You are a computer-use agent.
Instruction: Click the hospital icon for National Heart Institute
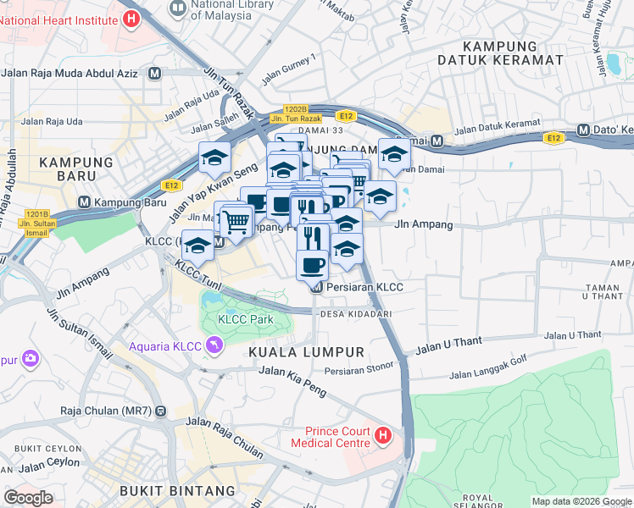130,18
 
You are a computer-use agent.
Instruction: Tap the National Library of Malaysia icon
178,8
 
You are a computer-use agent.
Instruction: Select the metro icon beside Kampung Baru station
84,202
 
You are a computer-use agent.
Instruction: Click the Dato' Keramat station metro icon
583,130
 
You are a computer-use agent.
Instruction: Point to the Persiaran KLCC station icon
317,287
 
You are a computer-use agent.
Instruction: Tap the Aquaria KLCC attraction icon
216,345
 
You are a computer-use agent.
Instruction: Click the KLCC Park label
245,320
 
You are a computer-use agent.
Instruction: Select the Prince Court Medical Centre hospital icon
382,436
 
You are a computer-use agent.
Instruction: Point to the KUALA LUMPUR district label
306,351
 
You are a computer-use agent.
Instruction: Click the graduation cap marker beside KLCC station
197,246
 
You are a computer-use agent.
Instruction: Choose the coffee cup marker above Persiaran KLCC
312,264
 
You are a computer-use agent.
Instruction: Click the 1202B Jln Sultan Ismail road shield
37,219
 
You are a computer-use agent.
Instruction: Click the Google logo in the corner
29,498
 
